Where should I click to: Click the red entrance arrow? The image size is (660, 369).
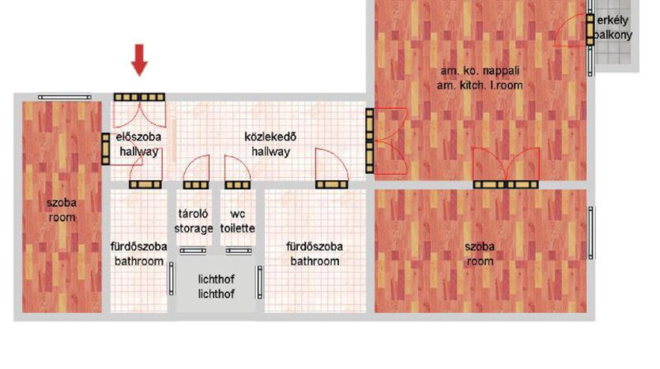coord(139,60)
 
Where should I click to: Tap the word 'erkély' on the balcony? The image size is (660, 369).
coord(613,21)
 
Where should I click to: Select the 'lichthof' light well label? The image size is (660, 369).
coord(216,287)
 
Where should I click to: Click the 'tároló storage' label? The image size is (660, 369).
coord(194,221)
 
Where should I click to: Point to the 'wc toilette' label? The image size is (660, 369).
coord(238,221)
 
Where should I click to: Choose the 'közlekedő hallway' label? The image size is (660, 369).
coord(270,145)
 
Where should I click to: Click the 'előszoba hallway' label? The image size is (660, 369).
coord(138,145)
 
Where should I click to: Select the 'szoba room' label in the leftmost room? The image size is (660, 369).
coord(62,210)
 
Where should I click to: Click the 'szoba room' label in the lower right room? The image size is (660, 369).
coord(480,254)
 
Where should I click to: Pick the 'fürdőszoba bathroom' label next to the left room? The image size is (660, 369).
coord(139,254)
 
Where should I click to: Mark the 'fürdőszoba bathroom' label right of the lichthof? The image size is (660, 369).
coord(315,254)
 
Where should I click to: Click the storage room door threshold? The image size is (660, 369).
coord(196,185)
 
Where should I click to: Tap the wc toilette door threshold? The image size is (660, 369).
coord(238,185)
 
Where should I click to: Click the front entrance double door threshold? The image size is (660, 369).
coord(139,97)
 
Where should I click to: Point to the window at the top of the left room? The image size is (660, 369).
coord(64,97)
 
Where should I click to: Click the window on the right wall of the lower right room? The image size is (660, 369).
coord(591,232)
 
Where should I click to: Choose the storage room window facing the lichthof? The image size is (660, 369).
coord(193,250)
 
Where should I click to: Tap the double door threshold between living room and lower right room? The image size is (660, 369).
coord(506,184)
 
